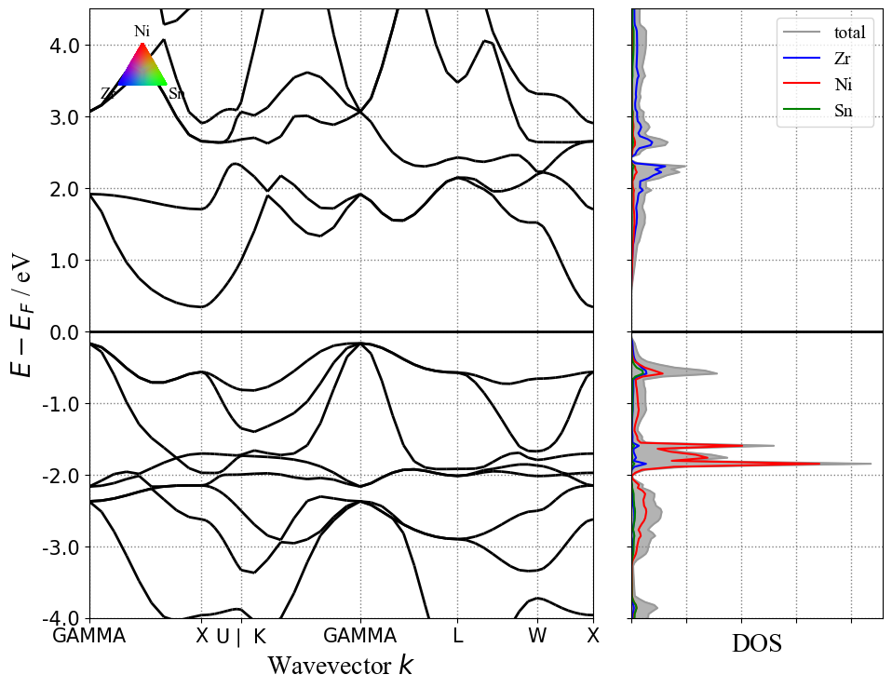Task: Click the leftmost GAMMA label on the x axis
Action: click(x=89, y=637)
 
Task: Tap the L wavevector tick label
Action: click(x=457, y=637)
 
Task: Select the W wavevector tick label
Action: click(x=537, y=637)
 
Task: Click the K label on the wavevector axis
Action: click(x=260, y=637)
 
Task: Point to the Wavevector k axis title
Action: click(x=340, y=665)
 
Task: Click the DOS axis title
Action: click(x=756, y=643)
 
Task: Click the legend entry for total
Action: click(x=849, y=32)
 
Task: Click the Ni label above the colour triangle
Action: click(x=142, y=32)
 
